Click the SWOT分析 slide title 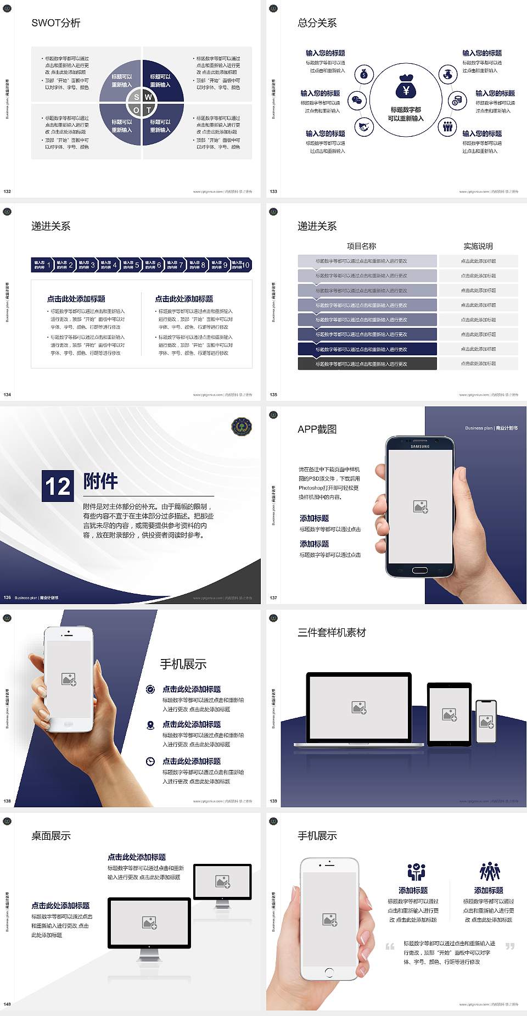point(55,23)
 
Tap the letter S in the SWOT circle point(137,97)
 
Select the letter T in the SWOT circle point(148,110)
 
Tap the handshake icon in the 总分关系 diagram point(363,127)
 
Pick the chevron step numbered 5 point(131,265)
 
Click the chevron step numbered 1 point(43,265)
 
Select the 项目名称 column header point(361,246)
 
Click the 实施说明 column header point(478,246)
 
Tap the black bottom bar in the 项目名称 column point(367,364)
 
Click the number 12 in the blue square point(58,486)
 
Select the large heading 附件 point(100,481)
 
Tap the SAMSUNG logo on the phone point(420,446)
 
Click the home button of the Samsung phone point(420,570)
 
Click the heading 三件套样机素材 point(332,633)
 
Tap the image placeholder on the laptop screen point(359,707)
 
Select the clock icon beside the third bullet point(150,761)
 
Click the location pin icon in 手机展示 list point(150,725)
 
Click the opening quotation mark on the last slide point(390,946)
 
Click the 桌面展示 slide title point(51,836)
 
